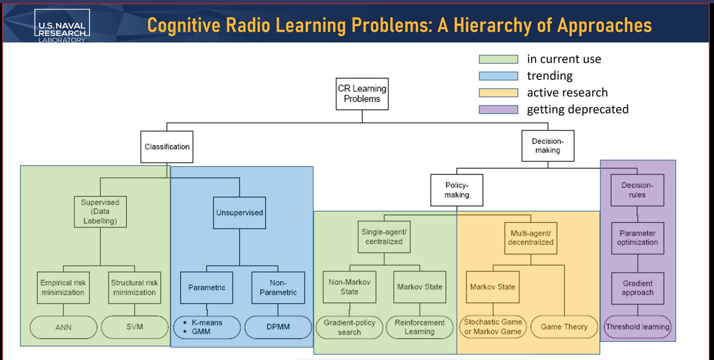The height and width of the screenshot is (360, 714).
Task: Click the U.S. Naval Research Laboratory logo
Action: (x=62, y=26)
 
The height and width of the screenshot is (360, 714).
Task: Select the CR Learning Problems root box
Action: (x=362, y=94)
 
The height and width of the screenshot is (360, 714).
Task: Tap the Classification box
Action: (x=167, y=147)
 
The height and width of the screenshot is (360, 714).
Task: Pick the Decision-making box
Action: (x=548, y=146)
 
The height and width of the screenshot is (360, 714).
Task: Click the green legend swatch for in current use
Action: (x=499, y=59)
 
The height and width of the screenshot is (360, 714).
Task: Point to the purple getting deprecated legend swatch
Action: (x=499, y=110)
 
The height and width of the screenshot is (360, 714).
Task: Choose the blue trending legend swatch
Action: (x=499, y=76)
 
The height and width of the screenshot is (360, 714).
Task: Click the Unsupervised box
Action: (x=239, y=213)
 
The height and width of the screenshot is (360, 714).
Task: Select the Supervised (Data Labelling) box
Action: (x=100, y=212)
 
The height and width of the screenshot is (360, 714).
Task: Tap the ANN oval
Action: (x=63, y=327)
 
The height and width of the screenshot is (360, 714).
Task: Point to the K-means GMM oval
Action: (x=207, y=327)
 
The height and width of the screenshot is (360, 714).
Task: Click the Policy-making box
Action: (x=457, y=190)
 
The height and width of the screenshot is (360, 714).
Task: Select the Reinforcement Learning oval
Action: (x=420, y=327)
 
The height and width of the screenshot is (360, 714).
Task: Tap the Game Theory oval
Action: (x=564, y=327)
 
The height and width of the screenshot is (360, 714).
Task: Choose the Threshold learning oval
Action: (x=638, y=327)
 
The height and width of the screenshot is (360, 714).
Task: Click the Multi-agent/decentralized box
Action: (x=531, y=238)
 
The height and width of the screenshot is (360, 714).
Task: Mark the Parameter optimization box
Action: (x=638, y=238)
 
